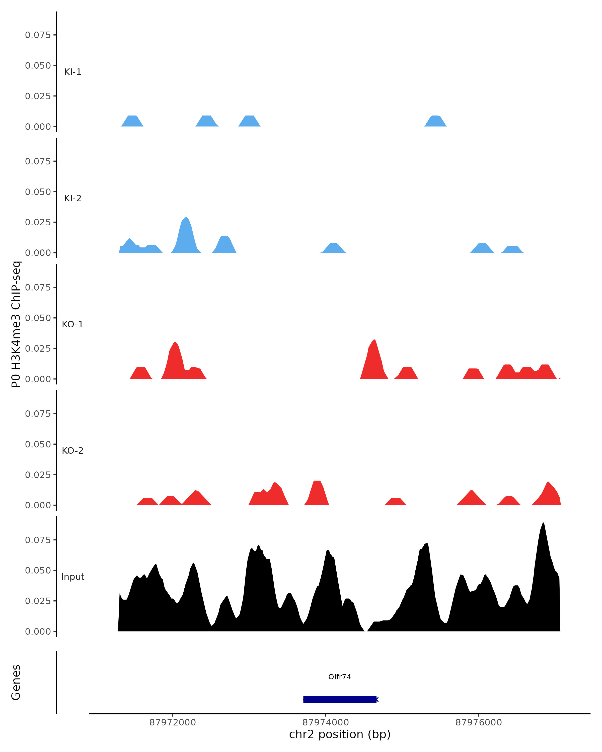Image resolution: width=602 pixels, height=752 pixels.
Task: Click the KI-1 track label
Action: pyautogui.click(x=72, y=72)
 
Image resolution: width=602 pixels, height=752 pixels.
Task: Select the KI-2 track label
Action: pyautogui.click(x=72, y=198)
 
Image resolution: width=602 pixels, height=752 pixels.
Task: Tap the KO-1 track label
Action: pyautogui.click(x=72, y=324)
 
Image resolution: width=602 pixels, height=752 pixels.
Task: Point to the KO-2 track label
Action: pyautogui.click(x=72, y=451)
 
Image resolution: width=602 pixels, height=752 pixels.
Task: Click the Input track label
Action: pyautogui.click(x=72, y=577)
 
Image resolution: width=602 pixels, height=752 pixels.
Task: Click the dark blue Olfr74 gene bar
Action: pyautogui.click(x=340, y=699)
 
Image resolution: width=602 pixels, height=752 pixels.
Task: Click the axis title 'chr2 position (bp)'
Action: pyautogui.click(x=340, y=734)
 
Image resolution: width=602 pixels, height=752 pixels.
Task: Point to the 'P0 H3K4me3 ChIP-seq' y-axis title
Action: pyautogui.click(x=16, y=324)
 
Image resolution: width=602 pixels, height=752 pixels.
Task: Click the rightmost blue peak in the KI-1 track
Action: pyautogui.click(x=435, y=121)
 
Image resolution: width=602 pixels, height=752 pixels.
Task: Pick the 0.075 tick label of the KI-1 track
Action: pyautogui.click(x=38, y=35)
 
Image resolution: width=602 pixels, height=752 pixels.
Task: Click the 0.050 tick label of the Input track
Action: pyautogui.click(x=38, y=570)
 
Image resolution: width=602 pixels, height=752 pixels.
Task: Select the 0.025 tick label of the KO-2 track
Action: pyautogui.click(x=38, y=475)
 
